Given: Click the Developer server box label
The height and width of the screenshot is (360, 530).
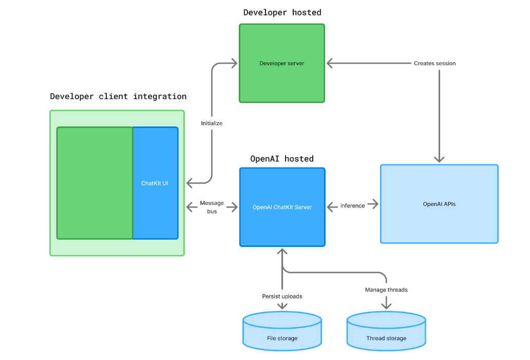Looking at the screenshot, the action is (281, 63).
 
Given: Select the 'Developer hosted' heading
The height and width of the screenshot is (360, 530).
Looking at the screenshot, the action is (282, 12).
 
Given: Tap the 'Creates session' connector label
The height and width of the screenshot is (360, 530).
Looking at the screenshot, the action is (434, 63).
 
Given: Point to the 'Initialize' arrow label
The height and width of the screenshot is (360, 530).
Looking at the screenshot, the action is (212, 123).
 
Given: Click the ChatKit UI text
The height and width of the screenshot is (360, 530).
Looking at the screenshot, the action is (155, 183).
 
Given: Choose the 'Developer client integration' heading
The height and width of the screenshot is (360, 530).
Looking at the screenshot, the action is (118, 97).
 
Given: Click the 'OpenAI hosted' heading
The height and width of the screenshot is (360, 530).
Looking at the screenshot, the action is (282, 159).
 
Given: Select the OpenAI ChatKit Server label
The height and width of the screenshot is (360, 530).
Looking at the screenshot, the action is (282, 207).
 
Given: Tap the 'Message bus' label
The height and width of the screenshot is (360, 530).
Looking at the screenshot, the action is (212, 207).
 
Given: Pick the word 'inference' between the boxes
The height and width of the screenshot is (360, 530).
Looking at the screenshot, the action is (352, 205).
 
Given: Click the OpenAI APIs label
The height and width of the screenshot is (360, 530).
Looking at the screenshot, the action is (439, 204).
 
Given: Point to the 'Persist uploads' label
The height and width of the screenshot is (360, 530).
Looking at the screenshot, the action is (282, 296).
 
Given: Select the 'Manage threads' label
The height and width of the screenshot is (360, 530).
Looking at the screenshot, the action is (386, 290).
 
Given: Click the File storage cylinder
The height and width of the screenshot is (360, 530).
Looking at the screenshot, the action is (282, 331).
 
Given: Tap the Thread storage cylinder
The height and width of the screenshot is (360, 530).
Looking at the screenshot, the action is (386, 331).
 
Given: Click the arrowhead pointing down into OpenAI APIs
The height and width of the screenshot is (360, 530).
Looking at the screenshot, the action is (439, 159).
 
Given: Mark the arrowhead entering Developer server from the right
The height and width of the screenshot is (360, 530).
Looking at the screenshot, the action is (330, 63).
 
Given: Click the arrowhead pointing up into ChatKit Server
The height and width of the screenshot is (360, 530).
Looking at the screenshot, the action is (282, 252).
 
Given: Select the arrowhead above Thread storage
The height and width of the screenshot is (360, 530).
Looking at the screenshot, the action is (386, 306).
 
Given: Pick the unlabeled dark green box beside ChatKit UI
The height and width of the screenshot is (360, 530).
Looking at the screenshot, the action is (94, 183).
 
